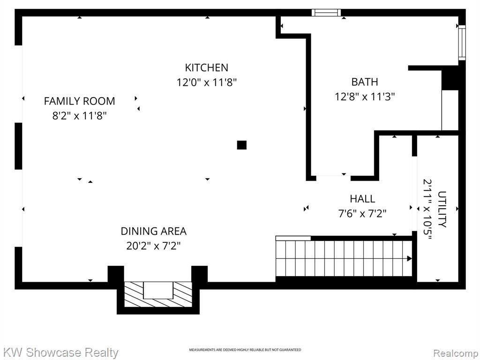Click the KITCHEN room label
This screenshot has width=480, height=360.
(x=207, y=67)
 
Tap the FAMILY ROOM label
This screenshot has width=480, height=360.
(x=80, y=101)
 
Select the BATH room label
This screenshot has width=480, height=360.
(x=365, y=82)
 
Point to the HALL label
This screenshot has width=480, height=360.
(x=362, y=199)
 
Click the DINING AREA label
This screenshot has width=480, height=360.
(x=154, y=231)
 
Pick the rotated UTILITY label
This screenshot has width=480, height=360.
(x=442, y=209)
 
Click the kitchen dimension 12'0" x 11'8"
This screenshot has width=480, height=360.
(x=207, y=82)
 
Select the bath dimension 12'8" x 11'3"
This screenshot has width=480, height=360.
(x=365, y=97)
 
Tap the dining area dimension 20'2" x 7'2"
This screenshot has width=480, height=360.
(x=154, y=246)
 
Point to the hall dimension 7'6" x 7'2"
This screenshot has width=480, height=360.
(x=362, y=213)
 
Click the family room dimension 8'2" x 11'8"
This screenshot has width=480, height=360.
(x=80, y=116)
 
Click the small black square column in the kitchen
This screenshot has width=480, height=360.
(x=242, y=145)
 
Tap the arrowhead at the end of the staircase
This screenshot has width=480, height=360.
(x=409, y=259)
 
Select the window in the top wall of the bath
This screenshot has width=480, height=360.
(x=326, y=13)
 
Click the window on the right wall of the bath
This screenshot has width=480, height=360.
(x=462, y=43)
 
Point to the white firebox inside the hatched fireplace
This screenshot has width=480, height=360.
(x=158, y=290)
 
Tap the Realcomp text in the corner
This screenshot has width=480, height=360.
(x=456, y=353)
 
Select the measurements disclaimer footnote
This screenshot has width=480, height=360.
(x=245, y=350)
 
